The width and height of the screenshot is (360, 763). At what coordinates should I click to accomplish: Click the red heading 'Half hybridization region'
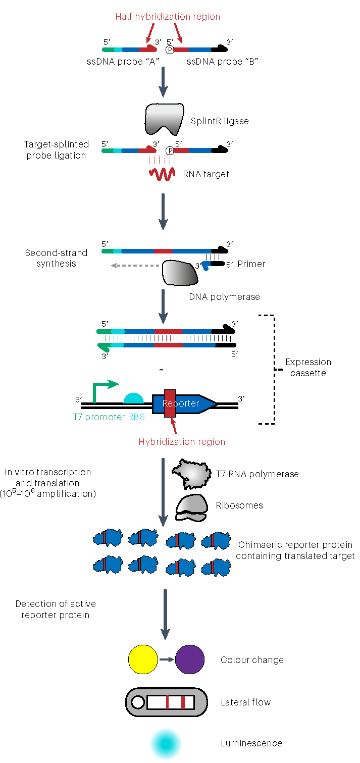pos(168,17)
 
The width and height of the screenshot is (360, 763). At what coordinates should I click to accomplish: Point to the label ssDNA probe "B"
pos(223,62)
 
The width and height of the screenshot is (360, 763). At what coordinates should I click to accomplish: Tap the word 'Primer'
pos(251,264)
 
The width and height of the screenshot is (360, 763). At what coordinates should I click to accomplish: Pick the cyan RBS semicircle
pos(134,398)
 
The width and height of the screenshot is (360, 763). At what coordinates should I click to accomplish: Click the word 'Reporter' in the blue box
pos(181,403)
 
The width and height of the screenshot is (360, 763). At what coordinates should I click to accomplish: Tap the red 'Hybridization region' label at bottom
pos(182,442)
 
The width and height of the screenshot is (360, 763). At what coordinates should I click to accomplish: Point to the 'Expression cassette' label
pos(308,368)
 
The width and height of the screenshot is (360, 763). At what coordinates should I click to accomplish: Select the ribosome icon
pos(191,506)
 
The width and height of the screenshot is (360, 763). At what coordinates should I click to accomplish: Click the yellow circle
pos(143,660)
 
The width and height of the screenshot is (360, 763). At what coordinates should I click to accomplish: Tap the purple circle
pos(190,660)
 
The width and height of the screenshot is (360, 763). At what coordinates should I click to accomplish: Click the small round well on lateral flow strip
pos(137,702)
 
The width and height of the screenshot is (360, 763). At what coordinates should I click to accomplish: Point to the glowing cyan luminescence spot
pos(166,743)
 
